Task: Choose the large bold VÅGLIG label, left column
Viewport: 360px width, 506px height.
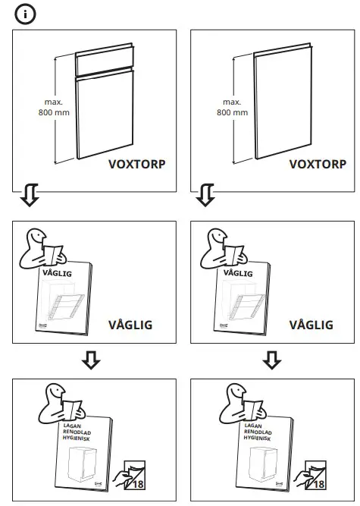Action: tap(130, 325)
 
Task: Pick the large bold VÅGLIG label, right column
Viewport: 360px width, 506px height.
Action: tap(311, 325)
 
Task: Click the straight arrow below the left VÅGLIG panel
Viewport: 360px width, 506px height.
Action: tap(92, 359)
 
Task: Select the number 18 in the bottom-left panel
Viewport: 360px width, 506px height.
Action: tap(138, 483)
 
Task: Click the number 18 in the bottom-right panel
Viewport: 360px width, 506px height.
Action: tap(317, 483)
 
